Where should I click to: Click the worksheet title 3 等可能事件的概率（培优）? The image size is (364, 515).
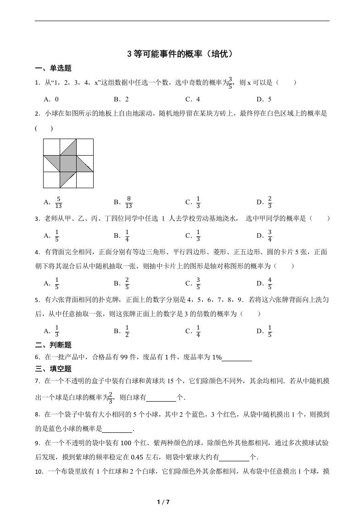(182, 54)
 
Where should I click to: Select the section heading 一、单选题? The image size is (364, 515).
(53, 68)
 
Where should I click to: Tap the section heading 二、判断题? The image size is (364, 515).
(53, 345)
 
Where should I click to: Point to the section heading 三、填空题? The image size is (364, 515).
(53, 369)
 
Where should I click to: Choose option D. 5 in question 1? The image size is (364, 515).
(264, 99)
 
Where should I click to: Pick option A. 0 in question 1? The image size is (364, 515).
(51, 99)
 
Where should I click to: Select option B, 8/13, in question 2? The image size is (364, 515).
(123, 202)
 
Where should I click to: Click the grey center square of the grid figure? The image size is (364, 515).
(68, 163)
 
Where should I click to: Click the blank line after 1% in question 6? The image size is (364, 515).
(237, 358)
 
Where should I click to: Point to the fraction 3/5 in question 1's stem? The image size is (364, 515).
(231, 83)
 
